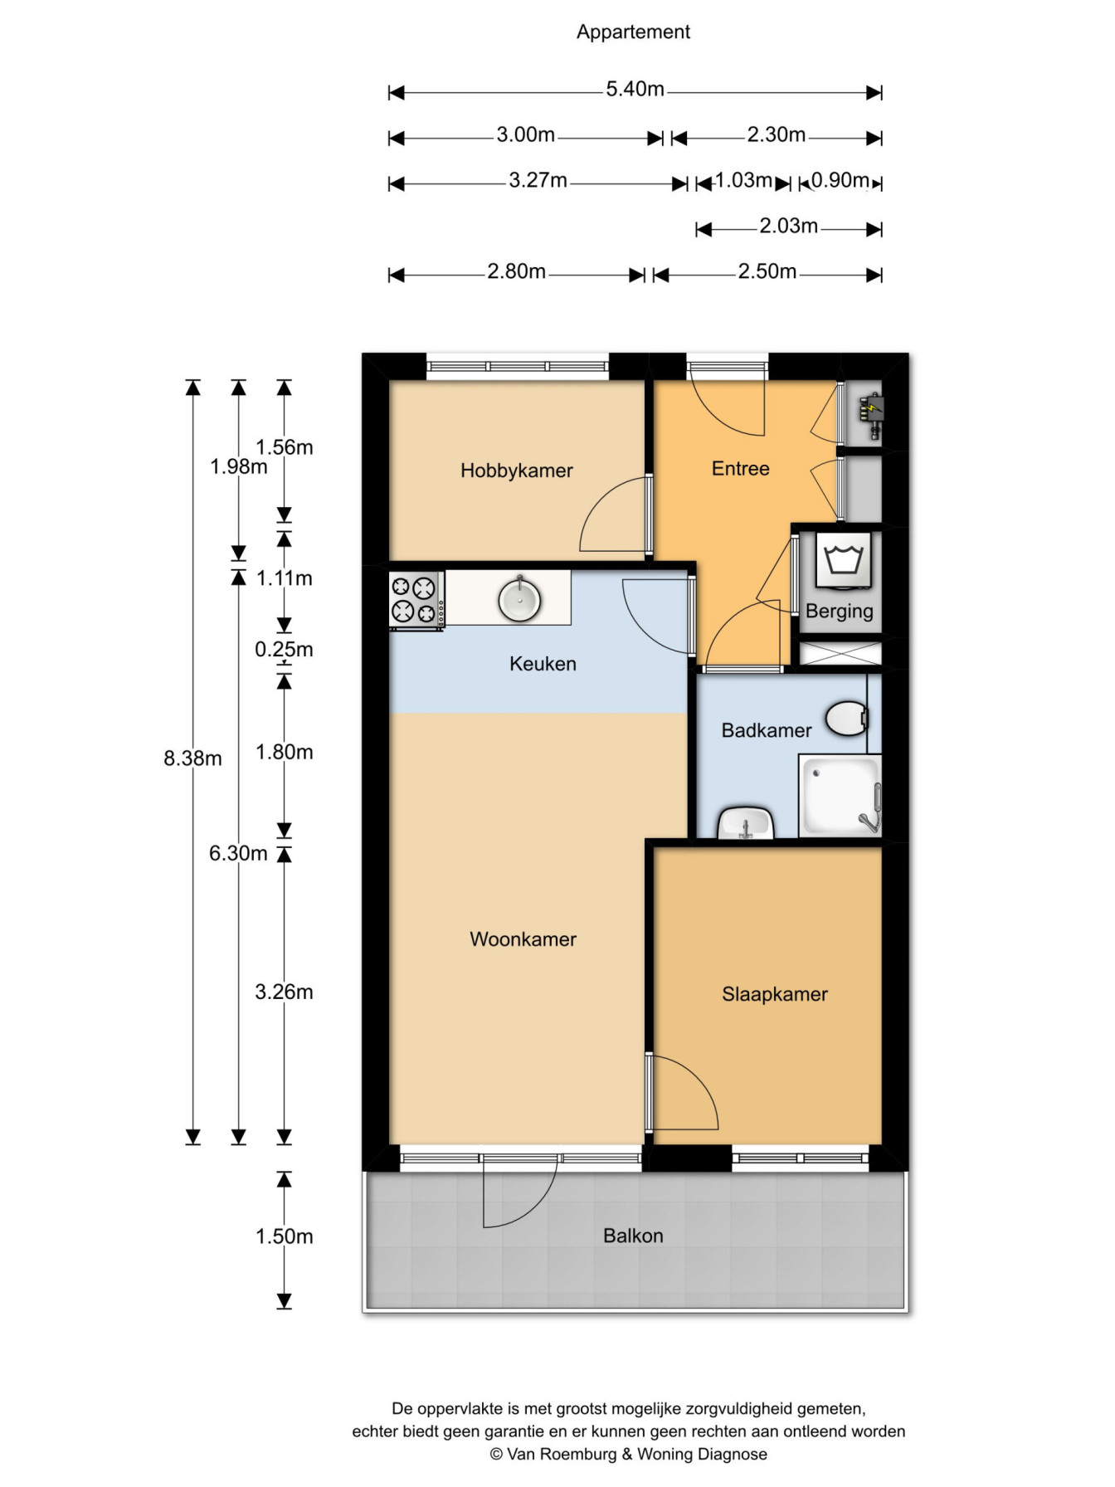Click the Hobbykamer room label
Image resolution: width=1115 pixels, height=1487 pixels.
coord(516,470)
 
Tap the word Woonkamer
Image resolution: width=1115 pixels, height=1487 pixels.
coord(523,939)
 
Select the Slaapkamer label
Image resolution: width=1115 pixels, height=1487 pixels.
coord(775,994)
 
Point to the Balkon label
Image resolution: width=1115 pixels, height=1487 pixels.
coord(633,1236)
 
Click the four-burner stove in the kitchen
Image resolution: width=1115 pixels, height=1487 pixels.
coord(416,599)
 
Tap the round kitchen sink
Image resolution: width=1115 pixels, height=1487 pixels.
coord(520,597)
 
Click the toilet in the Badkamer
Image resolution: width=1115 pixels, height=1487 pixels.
coord(846,719)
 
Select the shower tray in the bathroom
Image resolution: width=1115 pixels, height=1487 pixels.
coord(840,796)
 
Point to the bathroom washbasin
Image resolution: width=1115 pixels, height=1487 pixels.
coord(746,823)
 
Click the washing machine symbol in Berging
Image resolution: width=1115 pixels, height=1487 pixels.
coord(844,560)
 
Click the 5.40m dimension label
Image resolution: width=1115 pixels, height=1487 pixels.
coord(635,89)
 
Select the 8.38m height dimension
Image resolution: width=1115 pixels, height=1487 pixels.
coord(192,758)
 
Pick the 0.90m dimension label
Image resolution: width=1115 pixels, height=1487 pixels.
coord(840,180)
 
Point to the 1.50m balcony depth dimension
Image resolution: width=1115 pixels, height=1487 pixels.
coord(284,1236)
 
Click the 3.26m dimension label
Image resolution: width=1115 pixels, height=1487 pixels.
coord(284,992)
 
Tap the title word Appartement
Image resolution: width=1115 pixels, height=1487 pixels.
coord(633,32)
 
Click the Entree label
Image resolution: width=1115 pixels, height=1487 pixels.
coord(741,469)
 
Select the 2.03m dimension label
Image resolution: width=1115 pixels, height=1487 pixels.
coord(788,226)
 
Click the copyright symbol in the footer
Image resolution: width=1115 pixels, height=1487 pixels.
coord(496,1455)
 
